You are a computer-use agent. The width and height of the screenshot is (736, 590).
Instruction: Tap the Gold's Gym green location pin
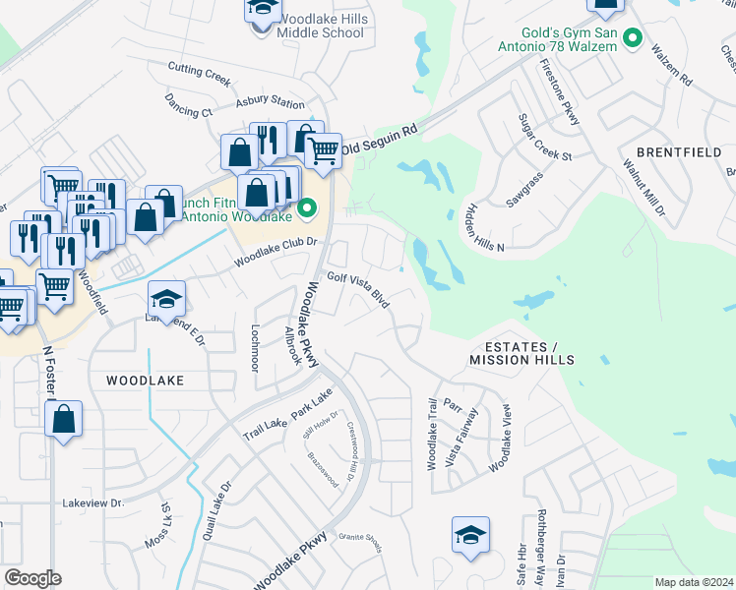pyautogui.click(x=634, y=40)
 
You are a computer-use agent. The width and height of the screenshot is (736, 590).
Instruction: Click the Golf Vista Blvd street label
pyautogui.click(x=358, y=290)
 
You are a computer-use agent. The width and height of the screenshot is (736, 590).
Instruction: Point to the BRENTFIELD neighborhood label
pyautogui.click(x=678, y=152)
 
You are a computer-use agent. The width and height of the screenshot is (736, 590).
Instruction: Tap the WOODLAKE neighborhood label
pyautogui.click(x=145, y=379)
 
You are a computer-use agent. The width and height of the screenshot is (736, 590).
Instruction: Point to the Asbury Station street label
pyautogui.click(x=270, y=102)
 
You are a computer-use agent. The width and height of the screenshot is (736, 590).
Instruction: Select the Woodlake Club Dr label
pyautogui.click(x=276, y=253)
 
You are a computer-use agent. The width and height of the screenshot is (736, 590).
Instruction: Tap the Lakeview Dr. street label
pyautogui.click(x=92, y=502)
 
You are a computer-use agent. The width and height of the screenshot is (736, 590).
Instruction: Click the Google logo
pyautogui.click(x=32, y=578)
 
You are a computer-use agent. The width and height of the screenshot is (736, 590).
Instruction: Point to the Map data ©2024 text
pyautogui.click(x=694, y=582)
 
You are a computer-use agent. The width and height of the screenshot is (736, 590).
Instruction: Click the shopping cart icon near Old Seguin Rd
pyautogui.click(x=323, y=150)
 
